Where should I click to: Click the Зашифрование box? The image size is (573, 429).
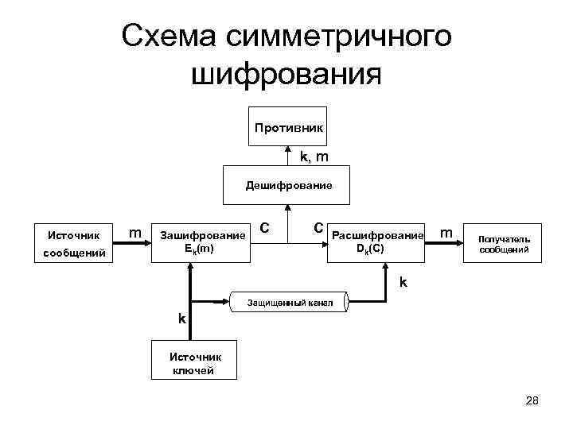(x=202, y=242)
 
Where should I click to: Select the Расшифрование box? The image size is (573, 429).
(x=377, y=242)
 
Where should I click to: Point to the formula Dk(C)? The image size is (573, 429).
(x=371, y=249)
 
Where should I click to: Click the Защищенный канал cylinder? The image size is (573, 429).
(x=287, y=302)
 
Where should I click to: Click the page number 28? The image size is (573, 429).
(x=532, y=401)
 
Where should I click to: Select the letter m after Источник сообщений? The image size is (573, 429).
(x=135, y=234)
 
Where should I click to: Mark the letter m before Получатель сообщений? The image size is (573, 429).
(x=447, y=234)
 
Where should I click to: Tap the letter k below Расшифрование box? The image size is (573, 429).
(x=403, y=282)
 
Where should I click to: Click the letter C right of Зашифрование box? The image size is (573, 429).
(x=264, y=228)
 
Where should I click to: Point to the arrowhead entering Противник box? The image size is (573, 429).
(x=287, y=150)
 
